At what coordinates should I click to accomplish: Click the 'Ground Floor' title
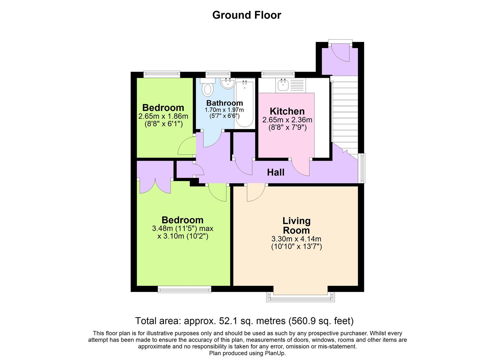point(247,15)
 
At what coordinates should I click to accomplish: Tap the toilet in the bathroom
point(208,89)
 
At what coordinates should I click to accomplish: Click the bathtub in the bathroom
point(244,104)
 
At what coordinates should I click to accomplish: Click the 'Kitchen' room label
point(287,111)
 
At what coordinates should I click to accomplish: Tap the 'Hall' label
point(276,172)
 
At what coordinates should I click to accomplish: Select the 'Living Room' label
point(296,225)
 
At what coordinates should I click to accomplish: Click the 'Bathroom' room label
point(224,103)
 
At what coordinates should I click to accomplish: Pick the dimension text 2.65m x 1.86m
point(163,116)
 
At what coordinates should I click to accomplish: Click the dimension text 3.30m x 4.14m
point(296,239)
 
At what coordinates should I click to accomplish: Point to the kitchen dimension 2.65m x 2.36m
point(287,120)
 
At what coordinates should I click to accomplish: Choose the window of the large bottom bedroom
point(184,289)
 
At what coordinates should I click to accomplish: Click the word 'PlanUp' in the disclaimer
point(275,353)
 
